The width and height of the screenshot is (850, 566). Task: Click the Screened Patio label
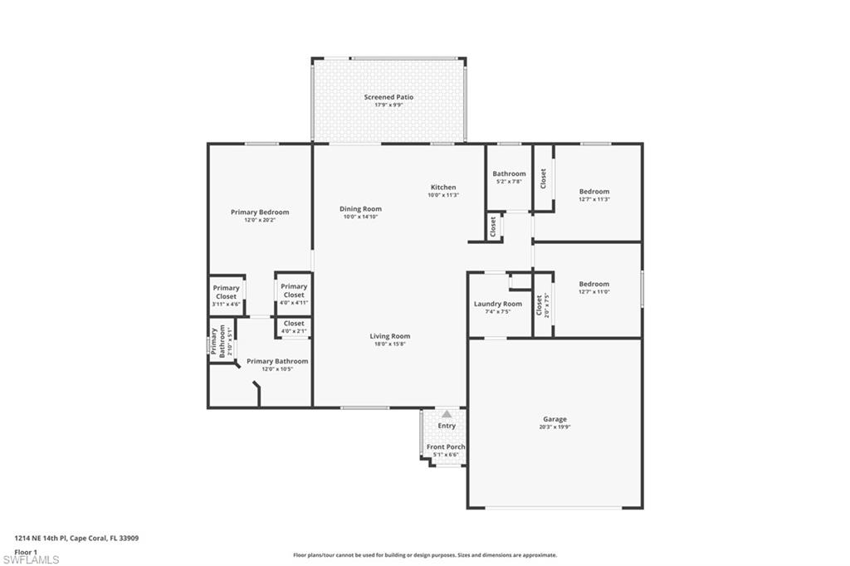pos(388,97)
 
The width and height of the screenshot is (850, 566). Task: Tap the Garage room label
pos(554,419)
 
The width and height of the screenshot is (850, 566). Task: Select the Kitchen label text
pos(443,187)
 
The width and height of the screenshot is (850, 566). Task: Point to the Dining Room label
pos(360,208)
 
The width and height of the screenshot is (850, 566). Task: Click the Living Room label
pos(389,336)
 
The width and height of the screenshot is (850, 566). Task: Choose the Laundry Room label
pos(498,304)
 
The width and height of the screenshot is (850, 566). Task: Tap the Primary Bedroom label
pos(260,212)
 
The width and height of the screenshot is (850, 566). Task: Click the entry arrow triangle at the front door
pos(447,413)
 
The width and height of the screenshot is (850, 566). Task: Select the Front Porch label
pos(446,446)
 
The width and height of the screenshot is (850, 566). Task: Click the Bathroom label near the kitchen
pos(509,173)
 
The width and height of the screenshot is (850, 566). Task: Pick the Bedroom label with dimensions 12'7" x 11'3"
pos(594,192)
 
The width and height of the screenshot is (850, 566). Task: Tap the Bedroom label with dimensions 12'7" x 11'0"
pos(594,284)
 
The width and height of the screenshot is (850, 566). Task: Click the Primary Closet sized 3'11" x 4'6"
pos(226,292)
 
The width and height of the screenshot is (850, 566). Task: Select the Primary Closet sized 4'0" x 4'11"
pos(294,290)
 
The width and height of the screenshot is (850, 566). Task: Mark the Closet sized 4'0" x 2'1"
pos(294,324)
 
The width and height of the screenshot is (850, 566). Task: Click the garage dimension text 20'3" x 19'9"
pos(554,427)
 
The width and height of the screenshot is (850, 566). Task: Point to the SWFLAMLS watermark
pos(31,559)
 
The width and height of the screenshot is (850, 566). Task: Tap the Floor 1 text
pos(26,552)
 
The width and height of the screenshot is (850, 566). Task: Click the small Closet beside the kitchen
pos(493,227)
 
